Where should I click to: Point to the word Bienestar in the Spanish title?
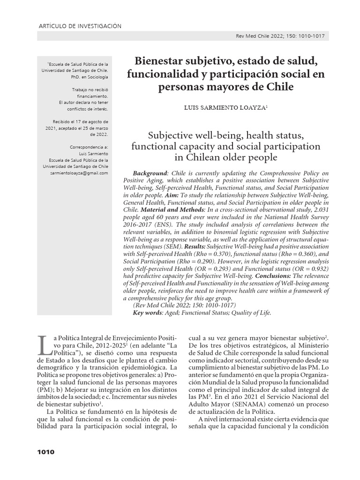coord(157,61)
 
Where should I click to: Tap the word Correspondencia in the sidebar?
coord(89,146)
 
